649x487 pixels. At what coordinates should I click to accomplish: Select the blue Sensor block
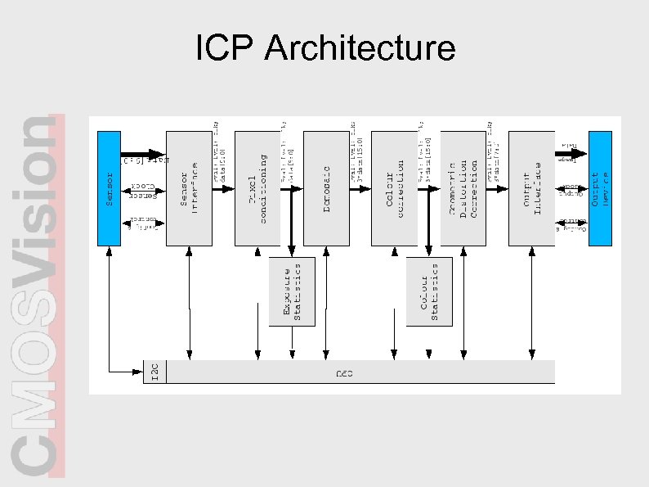point(109,187)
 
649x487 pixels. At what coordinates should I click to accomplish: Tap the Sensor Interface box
point(189,187)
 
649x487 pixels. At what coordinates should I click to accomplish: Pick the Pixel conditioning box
point(257,187)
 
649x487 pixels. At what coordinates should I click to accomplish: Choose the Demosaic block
point(326,187)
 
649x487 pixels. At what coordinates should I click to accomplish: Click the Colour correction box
point(395,187)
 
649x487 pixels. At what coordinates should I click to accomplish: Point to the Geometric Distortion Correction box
point(463,187)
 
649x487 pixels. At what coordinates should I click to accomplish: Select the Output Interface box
point(532,187)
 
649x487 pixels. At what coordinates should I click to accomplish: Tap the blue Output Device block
point(600,187)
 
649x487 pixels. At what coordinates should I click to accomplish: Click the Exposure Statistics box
point(292,290)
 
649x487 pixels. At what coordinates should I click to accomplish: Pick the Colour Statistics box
point(428,290)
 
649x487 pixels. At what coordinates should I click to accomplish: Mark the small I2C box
point(154,372)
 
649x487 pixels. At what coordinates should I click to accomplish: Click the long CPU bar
point(360,372)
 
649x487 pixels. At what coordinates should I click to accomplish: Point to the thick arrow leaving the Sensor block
point(144,153)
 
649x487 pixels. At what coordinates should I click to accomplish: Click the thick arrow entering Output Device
point(572,153)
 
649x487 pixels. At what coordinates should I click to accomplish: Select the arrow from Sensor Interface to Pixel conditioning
point(223,188)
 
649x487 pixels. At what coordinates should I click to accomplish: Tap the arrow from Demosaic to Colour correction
point(360,188)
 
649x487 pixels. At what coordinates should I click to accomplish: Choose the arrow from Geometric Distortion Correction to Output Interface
point(498,188)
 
